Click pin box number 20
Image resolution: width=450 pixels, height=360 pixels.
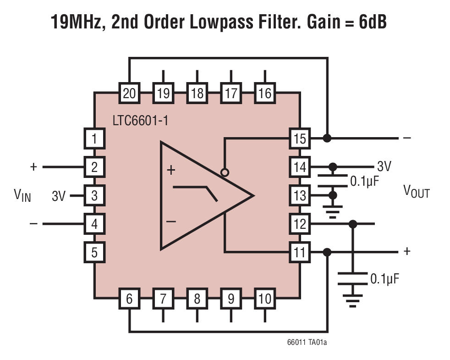(x=129, y=94)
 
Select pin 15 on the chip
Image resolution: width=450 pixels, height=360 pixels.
(x=299, y=138)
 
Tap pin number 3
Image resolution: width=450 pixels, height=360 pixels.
(x=94, y=196)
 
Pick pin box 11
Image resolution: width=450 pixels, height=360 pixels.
(x=299, y=252)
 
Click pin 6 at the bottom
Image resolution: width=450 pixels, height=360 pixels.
(x=129, y=299)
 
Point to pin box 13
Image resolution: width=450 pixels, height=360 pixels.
(x=299, y=196)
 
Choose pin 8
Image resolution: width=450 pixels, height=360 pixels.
(x=197, y=299)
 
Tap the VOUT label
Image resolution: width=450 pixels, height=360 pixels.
(x=416, y=191)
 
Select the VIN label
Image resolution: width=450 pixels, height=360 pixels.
(x=22, y=196)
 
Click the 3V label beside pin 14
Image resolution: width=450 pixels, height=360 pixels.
(x=384, y=166)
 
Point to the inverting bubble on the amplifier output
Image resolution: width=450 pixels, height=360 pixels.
(x=225, y=173)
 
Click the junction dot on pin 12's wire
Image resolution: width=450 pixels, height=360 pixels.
(x=352, y=224)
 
